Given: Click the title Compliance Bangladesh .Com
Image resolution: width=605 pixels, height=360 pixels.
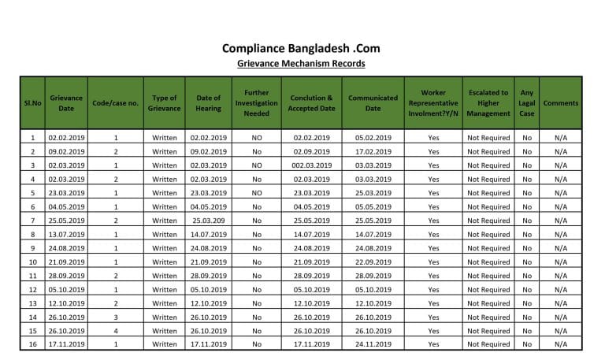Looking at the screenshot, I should click(302, 48).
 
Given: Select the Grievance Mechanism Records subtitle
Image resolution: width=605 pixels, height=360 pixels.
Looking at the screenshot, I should click(302, 64).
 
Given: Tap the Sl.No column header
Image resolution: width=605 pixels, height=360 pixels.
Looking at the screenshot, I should click(32, 103).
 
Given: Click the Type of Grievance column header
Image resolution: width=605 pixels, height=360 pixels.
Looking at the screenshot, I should click(165, 103).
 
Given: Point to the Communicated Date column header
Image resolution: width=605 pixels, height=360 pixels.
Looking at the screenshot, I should click(373, 103).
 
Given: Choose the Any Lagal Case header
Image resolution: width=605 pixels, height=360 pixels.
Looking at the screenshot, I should click(527, 103).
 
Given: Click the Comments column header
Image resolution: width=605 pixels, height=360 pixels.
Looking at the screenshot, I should click(560, 103).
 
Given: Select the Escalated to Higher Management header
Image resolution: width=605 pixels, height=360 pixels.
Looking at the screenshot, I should click(488, 103).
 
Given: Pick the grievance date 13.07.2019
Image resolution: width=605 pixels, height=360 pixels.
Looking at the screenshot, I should click(67, 234).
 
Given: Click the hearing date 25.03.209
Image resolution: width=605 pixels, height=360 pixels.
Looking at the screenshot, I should click(208, 221).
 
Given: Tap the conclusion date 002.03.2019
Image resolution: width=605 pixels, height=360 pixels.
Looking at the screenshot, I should click(312, 165).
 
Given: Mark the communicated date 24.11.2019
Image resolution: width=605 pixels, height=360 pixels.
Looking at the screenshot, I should click(373, 344).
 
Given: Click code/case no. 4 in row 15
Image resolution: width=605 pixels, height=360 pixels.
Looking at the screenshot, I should click(116, 331).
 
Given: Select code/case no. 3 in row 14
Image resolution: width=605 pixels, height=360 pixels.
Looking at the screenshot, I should click(116, 317).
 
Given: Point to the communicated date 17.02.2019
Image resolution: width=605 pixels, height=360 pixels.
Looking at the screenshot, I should click(373, 151).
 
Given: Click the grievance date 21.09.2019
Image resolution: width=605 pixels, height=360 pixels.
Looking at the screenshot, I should click(67, 262).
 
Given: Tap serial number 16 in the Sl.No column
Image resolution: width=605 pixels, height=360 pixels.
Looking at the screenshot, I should click(32, 344).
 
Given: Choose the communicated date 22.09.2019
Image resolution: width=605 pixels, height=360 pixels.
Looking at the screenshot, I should click(373, 262).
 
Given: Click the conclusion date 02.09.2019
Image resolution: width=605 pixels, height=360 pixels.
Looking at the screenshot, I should click(312, 151).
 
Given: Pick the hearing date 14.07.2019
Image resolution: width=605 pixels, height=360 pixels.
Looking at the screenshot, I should click(208, 234).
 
